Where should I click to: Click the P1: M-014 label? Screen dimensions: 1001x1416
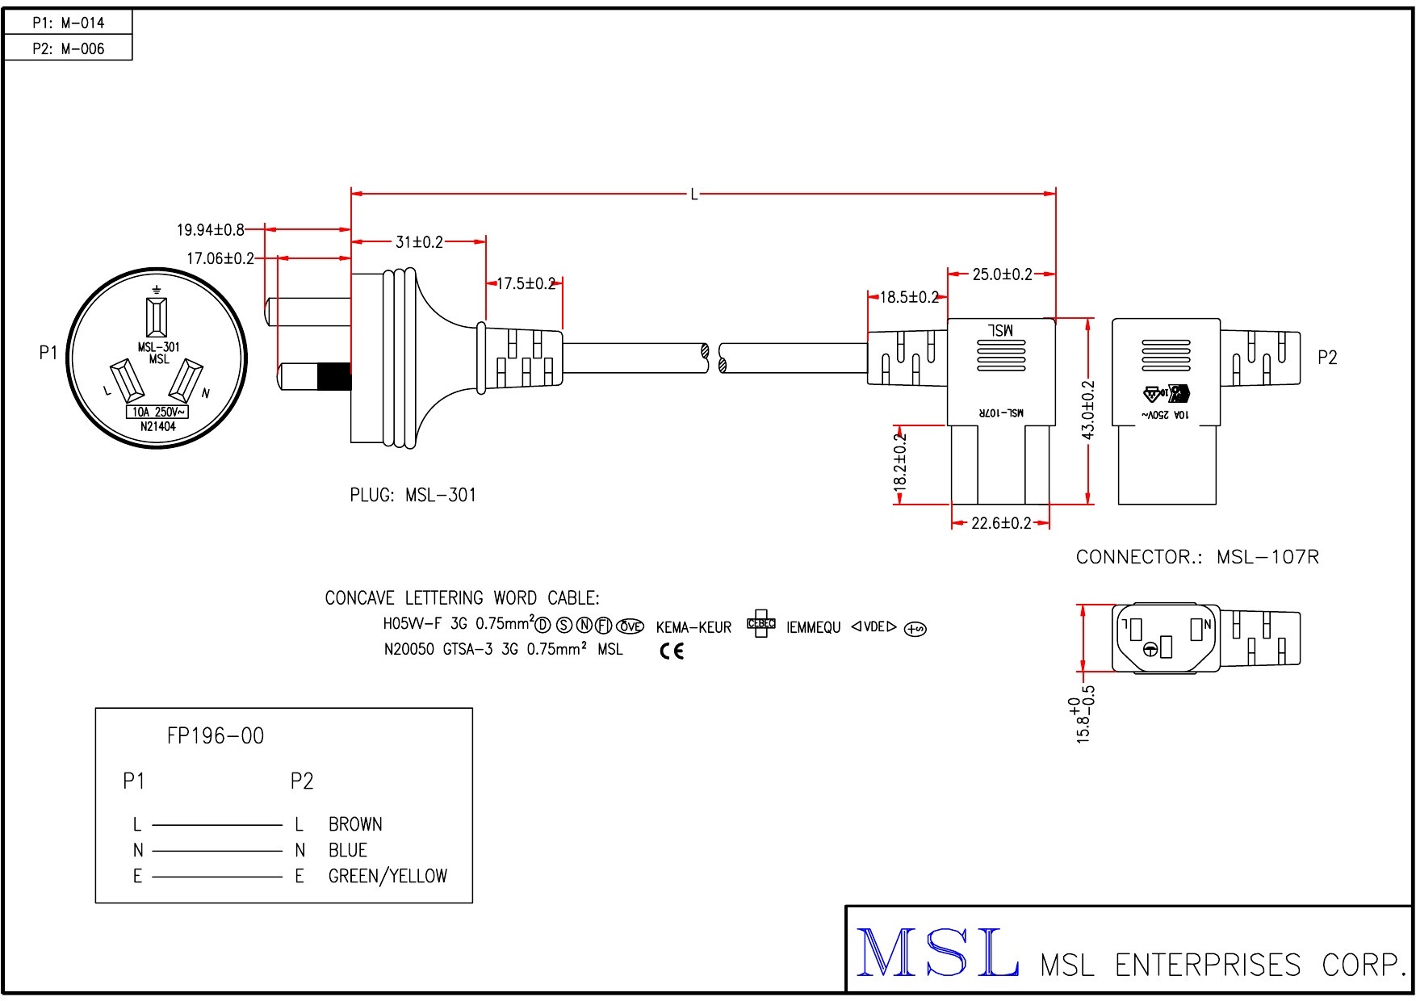click(x=68, y=23)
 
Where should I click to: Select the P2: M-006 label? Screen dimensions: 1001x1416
click(x=68, y=48)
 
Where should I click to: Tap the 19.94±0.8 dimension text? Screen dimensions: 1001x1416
click(x=210, y=230)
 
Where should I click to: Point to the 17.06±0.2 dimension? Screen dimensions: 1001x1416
click(x=220, y=258)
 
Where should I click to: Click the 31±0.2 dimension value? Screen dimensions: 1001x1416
click(x=419, y=242)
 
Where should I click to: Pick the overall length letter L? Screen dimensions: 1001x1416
click(x=693, y=195)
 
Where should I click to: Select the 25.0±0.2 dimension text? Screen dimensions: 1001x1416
click(x=1002, y=274)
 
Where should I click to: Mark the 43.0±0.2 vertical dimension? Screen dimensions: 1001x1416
click(x=1087, y=410)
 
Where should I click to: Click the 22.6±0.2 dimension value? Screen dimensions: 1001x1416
click(x=1001, y=523)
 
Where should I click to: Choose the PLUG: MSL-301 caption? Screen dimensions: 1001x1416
click(x=413, y=495)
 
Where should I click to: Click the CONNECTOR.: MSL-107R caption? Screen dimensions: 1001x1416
click(x=1197, y=557)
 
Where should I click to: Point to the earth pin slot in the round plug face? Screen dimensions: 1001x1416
click(x=157, y=316)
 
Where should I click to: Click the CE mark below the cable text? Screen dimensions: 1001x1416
click(x=672, y=651)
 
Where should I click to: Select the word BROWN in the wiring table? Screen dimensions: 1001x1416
click(x=355, y=824)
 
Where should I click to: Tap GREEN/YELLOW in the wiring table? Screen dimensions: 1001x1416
click(x=388, y=876)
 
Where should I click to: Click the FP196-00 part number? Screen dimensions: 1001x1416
click(x=216, y=735)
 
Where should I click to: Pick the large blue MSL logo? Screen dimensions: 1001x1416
click(x=936, y=953)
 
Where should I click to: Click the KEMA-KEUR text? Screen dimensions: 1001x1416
click(x=693, y=627)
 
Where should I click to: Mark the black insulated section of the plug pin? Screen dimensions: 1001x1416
click(x=333, y=377)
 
